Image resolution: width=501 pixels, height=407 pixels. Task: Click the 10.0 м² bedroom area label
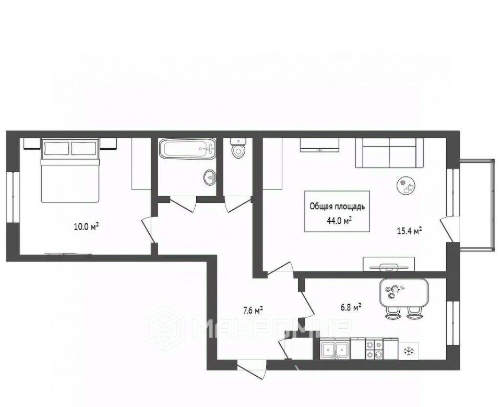click(86, 227)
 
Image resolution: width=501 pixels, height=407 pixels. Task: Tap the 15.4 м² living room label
click(410, 231)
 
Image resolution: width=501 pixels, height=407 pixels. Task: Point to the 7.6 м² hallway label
click(253, 310)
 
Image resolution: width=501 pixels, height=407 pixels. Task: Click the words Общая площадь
click(337, 207)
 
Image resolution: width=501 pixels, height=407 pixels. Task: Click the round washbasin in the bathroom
click(210, 177)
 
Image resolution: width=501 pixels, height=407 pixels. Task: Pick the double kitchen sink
click(335, 350)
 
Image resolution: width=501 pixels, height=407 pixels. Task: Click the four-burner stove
click(374, 349)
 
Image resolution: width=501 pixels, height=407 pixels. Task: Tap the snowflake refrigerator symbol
click(408, 351)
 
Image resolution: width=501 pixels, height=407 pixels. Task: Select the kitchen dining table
click(404, 292)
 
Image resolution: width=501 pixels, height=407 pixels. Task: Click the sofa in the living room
click(389, 153)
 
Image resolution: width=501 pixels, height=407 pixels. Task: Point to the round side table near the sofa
click(407, 185)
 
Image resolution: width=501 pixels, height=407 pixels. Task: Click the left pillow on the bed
click(57, 148)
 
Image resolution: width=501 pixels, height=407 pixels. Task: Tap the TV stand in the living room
click(389, 264)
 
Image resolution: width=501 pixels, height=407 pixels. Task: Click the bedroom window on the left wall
click(13, 197)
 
